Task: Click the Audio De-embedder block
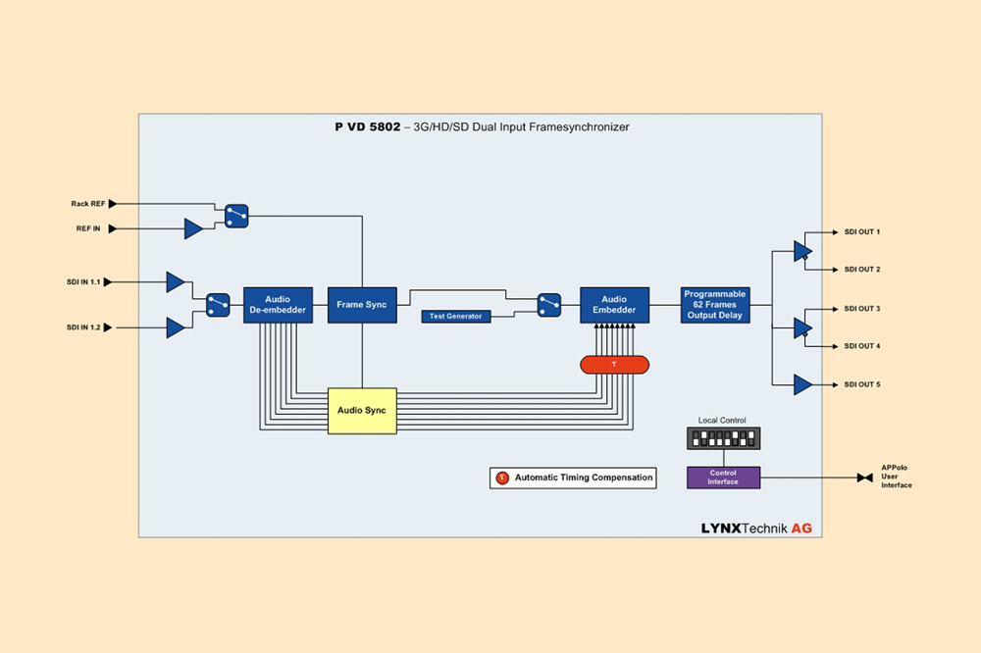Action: coord(278,305)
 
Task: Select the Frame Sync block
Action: coord(362,305)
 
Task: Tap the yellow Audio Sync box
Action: coord(362,411)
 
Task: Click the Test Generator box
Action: coord(457,316)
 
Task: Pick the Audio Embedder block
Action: coord(614,305)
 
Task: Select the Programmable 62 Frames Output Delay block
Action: coord(715,305)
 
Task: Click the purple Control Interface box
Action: coord(723,478)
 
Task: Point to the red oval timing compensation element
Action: coord(614,364)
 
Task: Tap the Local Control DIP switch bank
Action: coord(723,438)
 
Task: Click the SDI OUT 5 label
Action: coord(862,384)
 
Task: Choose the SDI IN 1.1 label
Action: coord(84,282)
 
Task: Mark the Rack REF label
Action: coord(88,204)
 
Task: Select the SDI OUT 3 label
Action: coord(862,309)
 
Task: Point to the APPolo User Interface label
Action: coord(897,477)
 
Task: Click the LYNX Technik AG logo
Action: coord(756,527)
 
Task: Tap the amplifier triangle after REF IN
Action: coord(193,229)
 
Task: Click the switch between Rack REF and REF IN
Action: coord(235,216)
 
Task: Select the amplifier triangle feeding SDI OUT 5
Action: coord(802,384)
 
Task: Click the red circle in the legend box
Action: coord(502,477)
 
